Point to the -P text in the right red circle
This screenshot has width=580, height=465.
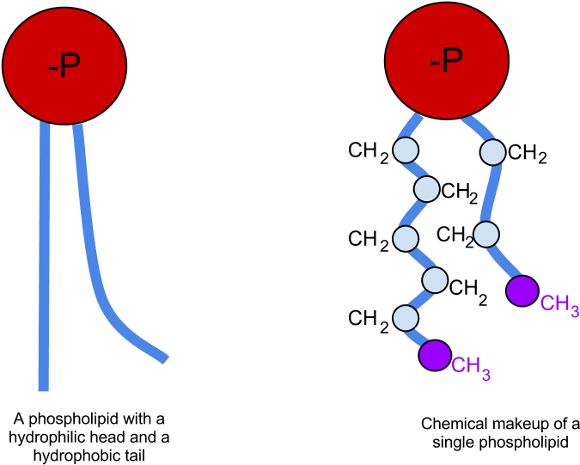click(x=446, y=61)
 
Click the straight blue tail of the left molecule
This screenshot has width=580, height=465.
click(x=44, y=258)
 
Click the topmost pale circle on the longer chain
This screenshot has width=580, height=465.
click(x=406, y=150)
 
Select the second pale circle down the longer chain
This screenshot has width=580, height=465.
click(x=426, y=188)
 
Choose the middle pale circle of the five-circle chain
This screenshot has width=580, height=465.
click(x=406, y=238)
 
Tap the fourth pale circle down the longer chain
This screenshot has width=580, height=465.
click(x=435, y=279)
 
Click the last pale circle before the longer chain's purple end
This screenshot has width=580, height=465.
click(x=406, y=318)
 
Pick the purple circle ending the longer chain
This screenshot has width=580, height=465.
click(x=435, y=355)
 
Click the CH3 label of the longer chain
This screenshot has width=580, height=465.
click(x=471, y=367)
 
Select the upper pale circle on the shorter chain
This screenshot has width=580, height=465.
click(x=492, y=152)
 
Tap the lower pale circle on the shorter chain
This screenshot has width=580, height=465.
click(x=486, y=234)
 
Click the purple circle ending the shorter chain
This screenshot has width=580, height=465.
click(x=522, y=291)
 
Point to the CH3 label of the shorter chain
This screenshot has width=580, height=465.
click(x=559, y=304)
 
